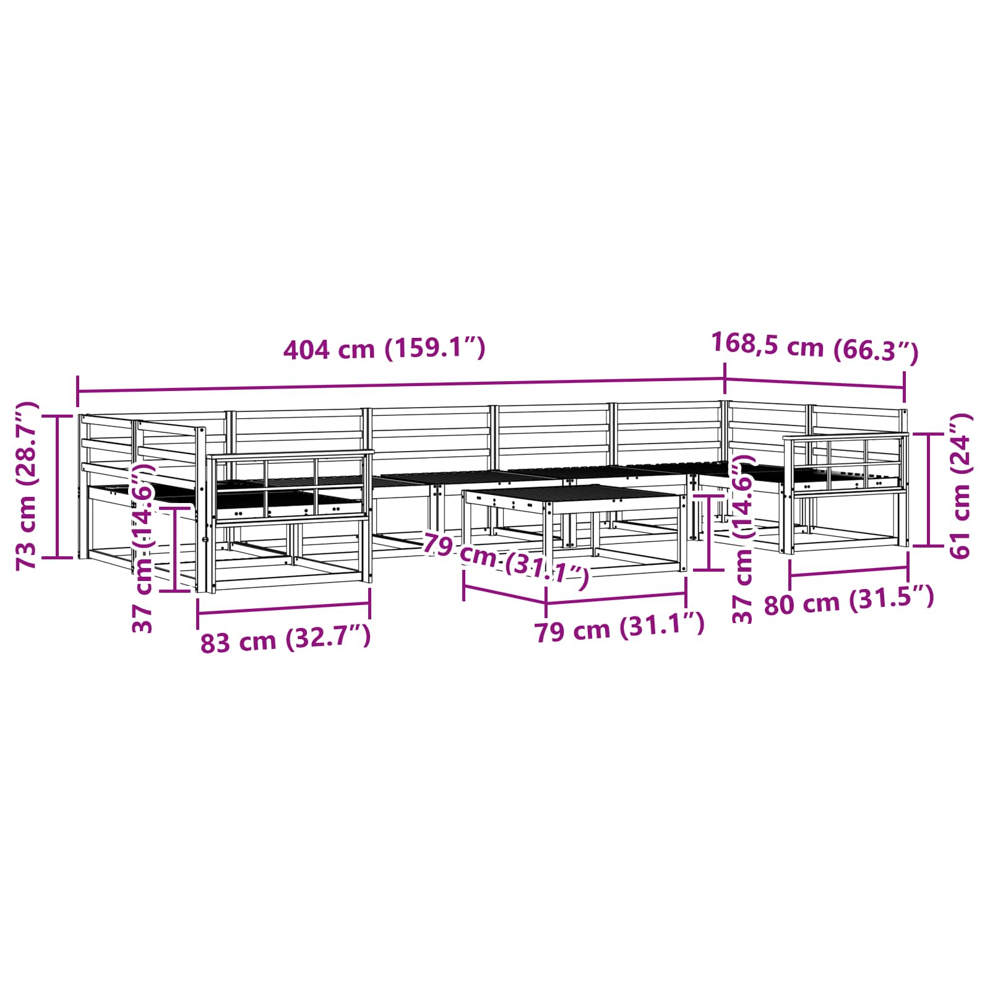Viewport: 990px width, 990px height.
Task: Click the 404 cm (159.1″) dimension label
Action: (x=384, y=349)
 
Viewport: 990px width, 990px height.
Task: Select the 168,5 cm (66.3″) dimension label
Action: (x=815, y=346)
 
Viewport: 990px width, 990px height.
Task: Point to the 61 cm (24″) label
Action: (x=960, y=486)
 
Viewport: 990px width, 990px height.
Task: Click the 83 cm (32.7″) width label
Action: (x=285, y=639)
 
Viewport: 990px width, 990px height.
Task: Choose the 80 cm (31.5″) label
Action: (x=849, y=600)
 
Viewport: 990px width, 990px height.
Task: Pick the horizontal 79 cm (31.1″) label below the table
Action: (x=619, y=627)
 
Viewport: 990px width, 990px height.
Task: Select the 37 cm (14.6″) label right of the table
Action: (x=742, y=538)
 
